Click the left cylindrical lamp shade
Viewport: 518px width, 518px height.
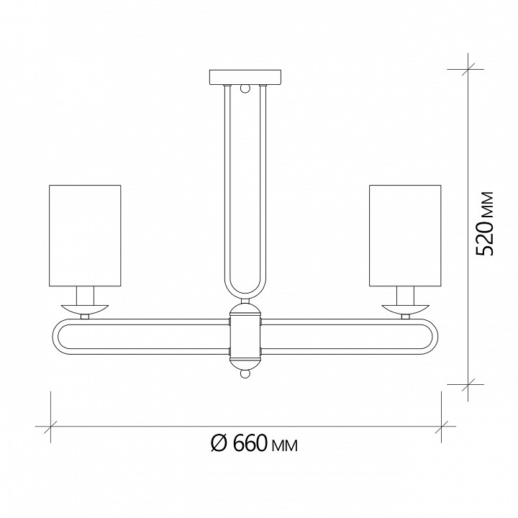pos(85,235)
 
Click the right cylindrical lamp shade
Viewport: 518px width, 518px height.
pos(404,235)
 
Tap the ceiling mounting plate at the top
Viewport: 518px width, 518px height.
pos(245,77)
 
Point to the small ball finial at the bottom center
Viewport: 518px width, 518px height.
pos(245,374)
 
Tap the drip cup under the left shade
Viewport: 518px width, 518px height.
pos(85,308)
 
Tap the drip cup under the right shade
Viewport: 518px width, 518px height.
pos(404,308)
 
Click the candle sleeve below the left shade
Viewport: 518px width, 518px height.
pos(85,294)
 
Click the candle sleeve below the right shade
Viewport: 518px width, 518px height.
pos(404,294)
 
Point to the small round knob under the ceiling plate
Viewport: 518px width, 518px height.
pos(245,89)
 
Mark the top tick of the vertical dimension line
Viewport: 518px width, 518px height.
pos(465,70)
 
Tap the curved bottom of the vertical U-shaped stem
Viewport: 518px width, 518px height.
pos(245,296)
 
